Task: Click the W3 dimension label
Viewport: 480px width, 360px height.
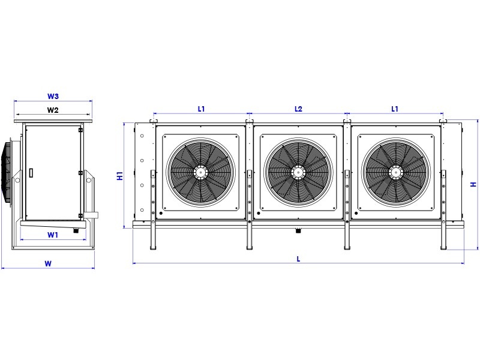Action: click(x=53, y=96)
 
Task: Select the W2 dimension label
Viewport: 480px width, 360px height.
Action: click(x=53, y=110)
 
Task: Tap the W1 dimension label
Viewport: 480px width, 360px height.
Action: click(x=53, y=235)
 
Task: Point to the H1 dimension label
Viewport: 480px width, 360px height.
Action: click(x=120, y=176)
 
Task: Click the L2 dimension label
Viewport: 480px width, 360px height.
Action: click(x=298, y=109)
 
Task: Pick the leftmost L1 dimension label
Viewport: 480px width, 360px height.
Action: click(x=201, y=109)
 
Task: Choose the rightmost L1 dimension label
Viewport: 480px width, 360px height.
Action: click(x=395, y=109)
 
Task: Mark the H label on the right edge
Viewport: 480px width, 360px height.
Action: click(x=473, y=184)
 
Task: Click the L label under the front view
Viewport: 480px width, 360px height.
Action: click(x=298, y=259)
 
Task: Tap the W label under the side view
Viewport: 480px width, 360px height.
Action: click(x=48, y=263)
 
